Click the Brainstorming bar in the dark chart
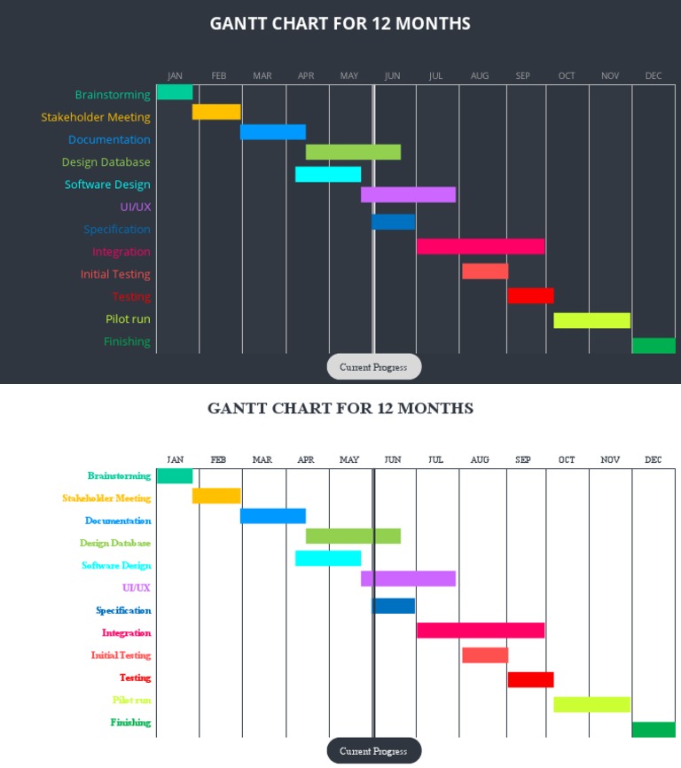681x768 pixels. point(175,92)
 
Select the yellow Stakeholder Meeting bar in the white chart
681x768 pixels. point(216,496)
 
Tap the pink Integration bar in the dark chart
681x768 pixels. point(481,247)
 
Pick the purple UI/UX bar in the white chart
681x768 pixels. point(408,579)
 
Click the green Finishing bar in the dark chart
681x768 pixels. point(654,346)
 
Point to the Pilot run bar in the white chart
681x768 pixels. point(591,705)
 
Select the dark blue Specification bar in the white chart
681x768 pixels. point(394,607)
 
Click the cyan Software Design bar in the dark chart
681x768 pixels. point(328,175)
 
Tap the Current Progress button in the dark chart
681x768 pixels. point(373,367)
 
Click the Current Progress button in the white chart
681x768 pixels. point(373,751)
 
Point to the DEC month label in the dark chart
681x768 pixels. point(654,76)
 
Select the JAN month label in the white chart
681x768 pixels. point(176,460)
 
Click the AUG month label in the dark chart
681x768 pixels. point(480,76)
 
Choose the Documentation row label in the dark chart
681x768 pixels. point(109,140)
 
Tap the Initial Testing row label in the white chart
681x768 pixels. point(121,655)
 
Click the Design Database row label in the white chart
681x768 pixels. point(115,544)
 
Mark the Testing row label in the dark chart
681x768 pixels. point(131,297)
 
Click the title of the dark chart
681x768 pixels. point(340,24)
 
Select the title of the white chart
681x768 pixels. point(340,409)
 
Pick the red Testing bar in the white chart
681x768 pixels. point(530,680)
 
